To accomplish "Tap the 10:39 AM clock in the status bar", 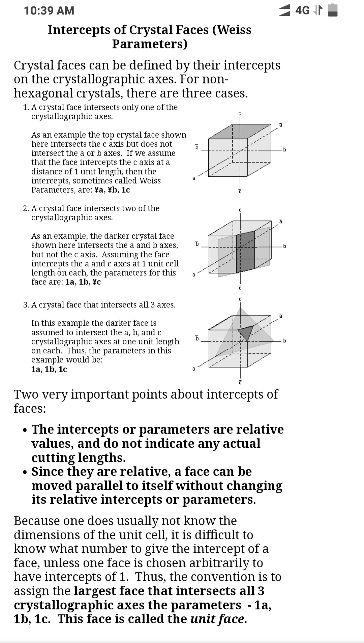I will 49,11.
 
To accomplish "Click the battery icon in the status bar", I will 333,10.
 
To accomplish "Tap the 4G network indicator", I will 302,11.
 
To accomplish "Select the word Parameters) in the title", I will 150,44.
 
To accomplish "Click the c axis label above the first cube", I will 240,114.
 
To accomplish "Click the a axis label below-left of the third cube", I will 193,369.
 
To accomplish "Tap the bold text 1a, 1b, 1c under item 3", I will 49,369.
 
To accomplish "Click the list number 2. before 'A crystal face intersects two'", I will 26,208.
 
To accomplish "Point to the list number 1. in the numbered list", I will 26,107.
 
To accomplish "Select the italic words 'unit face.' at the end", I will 218,619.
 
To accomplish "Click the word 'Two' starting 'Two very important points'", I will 26,394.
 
